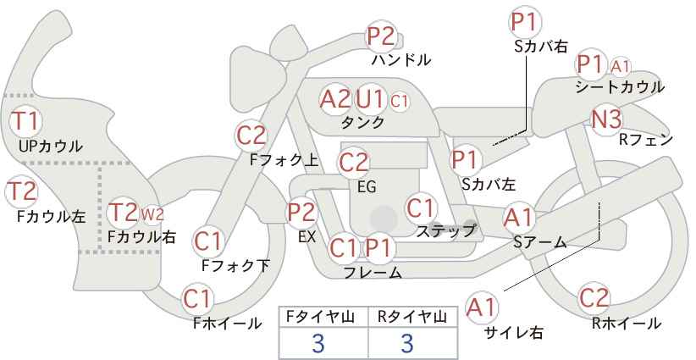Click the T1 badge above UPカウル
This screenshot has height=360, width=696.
click(x=24, y=119)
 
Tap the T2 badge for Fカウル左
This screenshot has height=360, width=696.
click(x=22, y=191)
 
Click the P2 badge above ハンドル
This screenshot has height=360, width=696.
click(x=381, y=36)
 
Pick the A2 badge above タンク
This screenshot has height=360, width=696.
click(x=335, y=99)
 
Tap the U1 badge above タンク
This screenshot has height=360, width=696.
click(x=370, y=99)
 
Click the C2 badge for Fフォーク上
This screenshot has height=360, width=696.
click(x=251, y=135)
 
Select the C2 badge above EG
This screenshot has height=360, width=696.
click(x=354, y=162)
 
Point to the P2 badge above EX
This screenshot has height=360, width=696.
click(x=301, y=213)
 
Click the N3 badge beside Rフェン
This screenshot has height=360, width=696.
click(x=606, y=119)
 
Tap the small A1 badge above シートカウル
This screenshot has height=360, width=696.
click(x=621, y=65)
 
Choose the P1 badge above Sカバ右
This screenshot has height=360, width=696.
click(x=525, y=21)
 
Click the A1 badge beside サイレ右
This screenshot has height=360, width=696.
click(x=483, y=307)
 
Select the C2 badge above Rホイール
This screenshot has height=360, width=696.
click(x=594, y=298)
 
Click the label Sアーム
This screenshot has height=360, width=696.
click(x=539, y=242)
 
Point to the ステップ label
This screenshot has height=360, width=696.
click(x=446, y=230)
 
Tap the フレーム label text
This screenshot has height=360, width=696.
click(x=373, y=272)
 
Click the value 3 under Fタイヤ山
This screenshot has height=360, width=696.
click(x=318, y=343)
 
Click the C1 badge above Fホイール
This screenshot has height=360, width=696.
click(x=198, y=298)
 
